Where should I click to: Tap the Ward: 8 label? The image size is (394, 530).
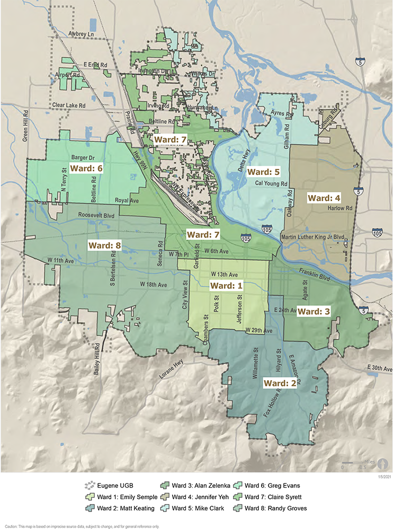click(108, 246)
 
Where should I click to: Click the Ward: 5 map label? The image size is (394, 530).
click(265, 172)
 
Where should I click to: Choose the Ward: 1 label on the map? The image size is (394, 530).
click(226, 285)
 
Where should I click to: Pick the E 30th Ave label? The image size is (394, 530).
click(380, 368)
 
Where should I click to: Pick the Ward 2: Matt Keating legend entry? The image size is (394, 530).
click(119, 508)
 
